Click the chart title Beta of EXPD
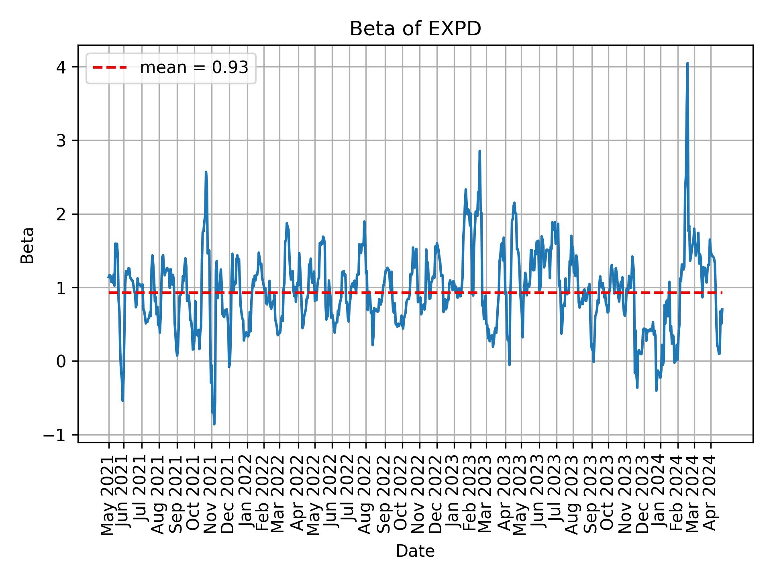415,29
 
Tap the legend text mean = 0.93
194,68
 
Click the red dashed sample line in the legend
110,68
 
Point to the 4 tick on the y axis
61,67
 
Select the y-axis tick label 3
61,140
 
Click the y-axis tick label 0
61,361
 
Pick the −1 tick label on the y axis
57,435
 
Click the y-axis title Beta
27,245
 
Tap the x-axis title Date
415,551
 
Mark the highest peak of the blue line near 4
687,63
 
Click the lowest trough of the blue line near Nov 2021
214,424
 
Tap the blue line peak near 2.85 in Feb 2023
479,151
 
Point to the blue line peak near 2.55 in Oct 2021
206,172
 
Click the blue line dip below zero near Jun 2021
122,400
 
